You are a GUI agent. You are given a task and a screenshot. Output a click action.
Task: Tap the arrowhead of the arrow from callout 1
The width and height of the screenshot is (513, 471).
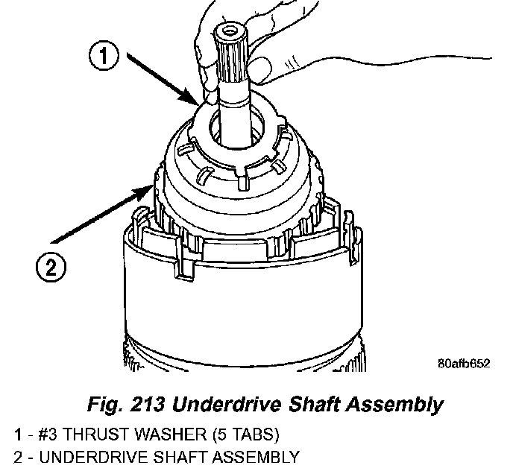click(198, 104)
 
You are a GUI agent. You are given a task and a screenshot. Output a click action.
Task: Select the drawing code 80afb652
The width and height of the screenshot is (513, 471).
click(464, 364)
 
